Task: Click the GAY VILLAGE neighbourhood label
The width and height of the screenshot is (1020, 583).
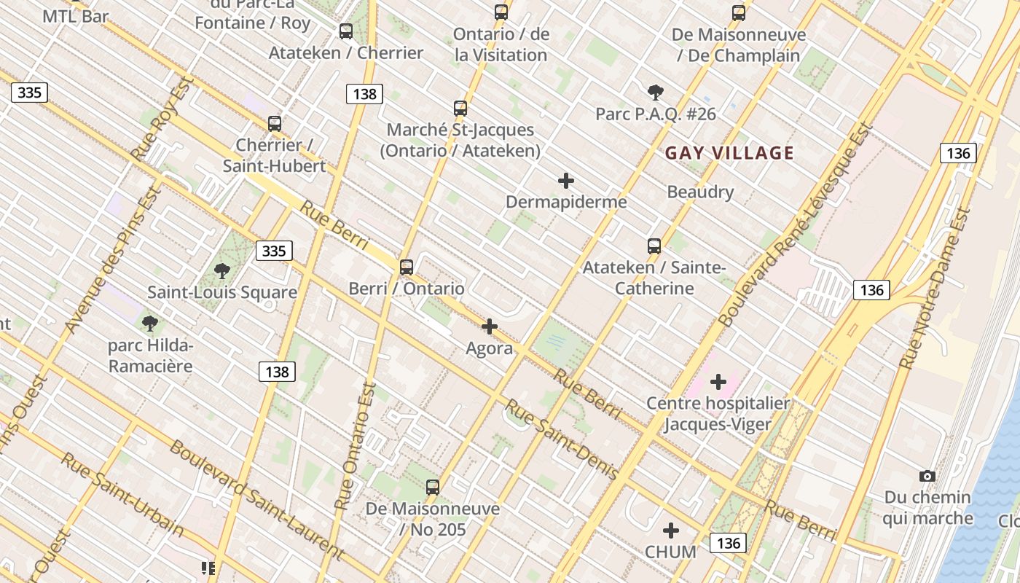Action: (x=729, y=153)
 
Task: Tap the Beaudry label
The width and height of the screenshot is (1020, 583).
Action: (x=700, y=192)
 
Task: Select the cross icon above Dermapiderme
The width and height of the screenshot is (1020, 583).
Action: (x=566, y=181)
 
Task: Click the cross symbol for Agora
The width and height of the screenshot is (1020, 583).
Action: (x=490, y=326)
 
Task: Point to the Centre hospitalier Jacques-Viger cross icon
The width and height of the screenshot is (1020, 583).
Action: (x=718, y=381)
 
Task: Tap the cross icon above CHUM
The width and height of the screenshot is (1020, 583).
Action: (x=671, y=531)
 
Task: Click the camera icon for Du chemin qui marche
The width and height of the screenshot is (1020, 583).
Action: (x=927, y=476)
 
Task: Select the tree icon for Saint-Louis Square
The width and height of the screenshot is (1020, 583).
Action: (x=222, y=271)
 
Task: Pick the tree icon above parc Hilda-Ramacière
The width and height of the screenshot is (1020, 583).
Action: (x=150, y=323)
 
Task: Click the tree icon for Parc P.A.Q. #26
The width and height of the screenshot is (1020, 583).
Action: (x=656, y=92)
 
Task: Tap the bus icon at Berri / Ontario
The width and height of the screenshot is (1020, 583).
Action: (x=407, y=267)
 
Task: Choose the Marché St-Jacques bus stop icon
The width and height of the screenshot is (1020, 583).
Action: (x=460, y=109)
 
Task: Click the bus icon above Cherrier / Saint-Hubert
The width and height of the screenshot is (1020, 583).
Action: (x=275, y=123)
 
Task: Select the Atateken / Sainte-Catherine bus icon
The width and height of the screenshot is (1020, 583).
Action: (x=654, y=246)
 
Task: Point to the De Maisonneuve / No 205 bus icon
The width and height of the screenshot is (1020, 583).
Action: (x=433, y=488)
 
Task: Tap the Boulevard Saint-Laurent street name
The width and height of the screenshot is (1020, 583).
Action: (x=256, y=499)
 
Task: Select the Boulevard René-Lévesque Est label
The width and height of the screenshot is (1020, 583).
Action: (x=796, y=224)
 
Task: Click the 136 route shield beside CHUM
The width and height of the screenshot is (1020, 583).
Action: (x=729, y=542)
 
